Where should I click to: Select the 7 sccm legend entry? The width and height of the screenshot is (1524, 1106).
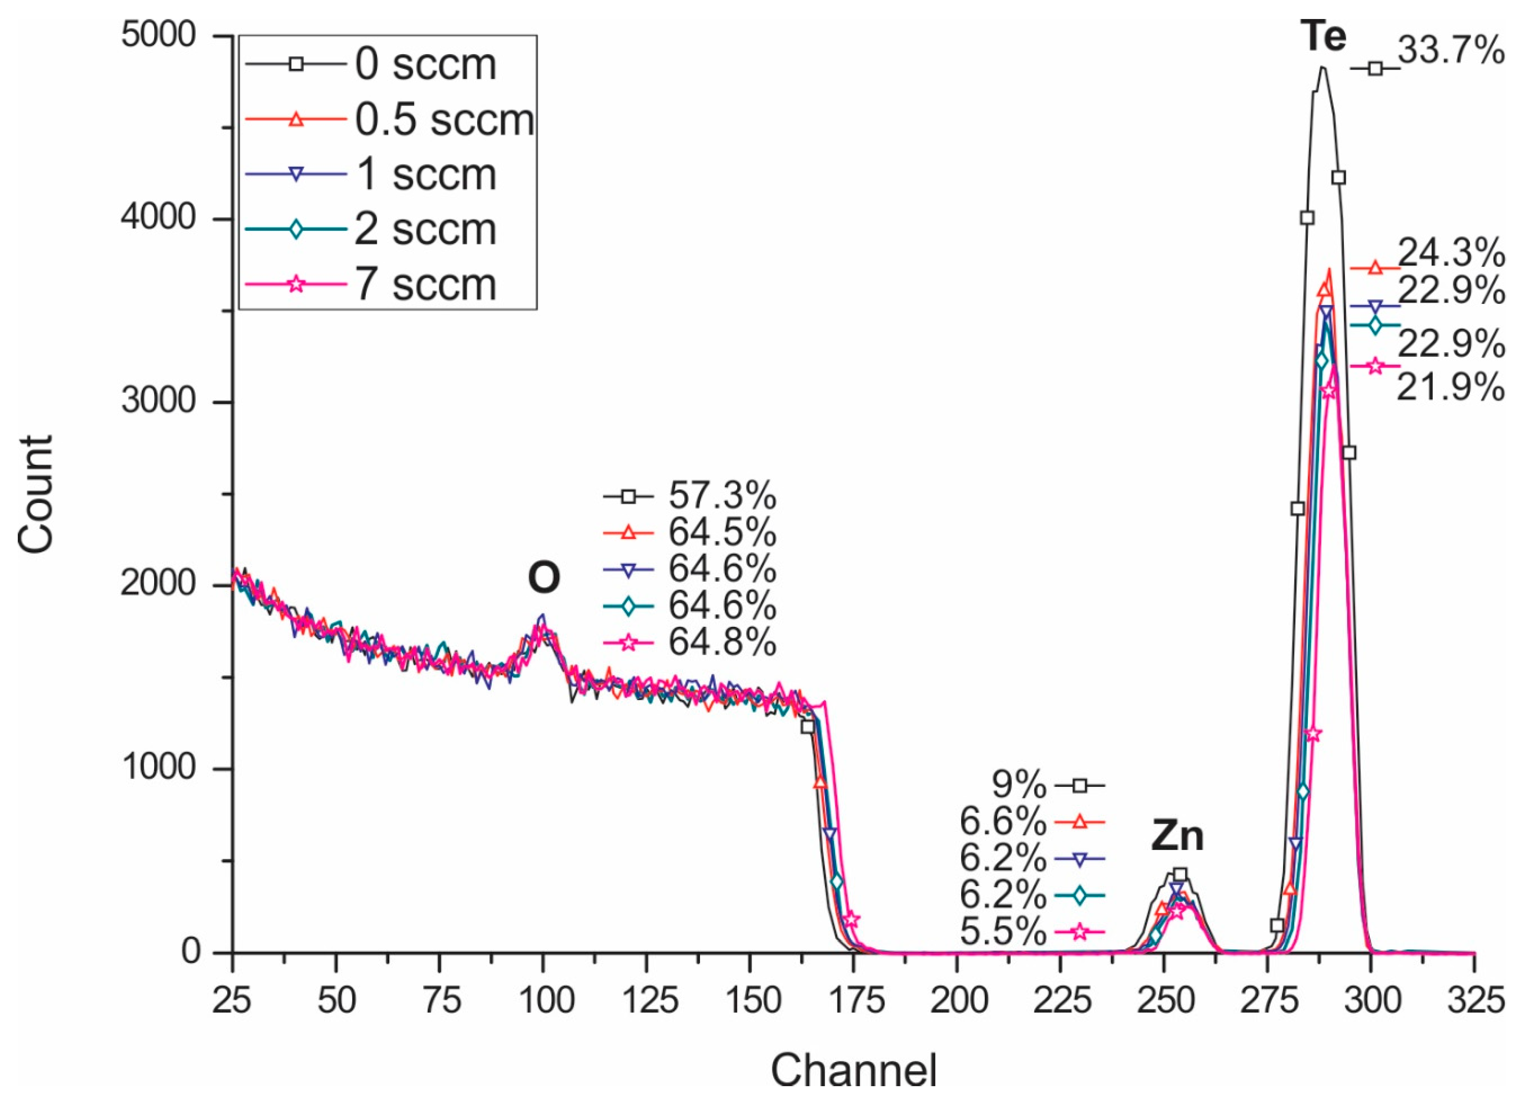point(425,284)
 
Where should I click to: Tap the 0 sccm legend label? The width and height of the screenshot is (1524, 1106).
point(425,65)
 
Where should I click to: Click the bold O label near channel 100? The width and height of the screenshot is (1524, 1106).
point(544,578)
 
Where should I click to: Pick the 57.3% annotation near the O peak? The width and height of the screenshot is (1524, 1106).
point(722,497)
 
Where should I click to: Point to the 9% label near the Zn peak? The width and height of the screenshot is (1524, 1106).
point(1019,784)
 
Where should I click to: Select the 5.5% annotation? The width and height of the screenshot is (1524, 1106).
point(1003,933)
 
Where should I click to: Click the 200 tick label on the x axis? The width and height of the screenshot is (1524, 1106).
point(958,1001)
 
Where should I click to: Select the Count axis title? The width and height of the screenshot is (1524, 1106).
point(36,494)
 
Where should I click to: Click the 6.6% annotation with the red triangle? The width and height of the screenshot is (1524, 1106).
point(1003,822)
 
